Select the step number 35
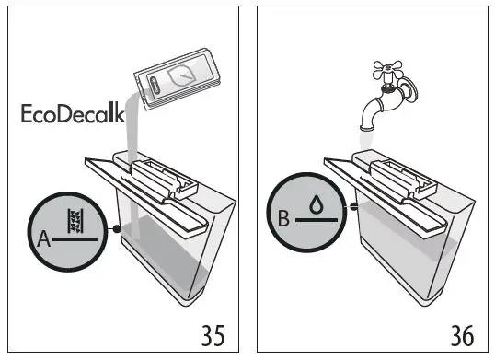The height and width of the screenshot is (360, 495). [212, 333]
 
